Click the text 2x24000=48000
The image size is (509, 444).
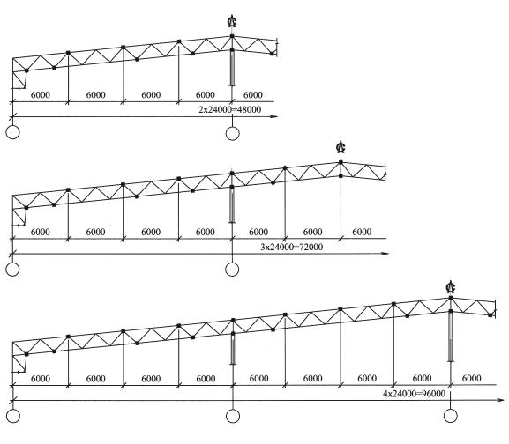coord(230,109)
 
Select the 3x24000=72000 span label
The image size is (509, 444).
coord(292,247)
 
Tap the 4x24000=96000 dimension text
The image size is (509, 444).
coord(415,394)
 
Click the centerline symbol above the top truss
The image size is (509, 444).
coord(232,21)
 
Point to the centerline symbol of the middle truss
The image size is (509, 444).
coord(341,147)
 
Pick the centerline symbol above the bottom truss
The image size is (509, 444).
coord(451,286)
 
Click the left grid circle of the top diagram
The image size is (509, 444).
coord(12,132)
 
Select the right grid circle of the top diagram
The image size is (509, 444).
coord(232,133)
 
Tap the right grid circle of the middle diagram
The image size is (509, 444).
coord(232,269)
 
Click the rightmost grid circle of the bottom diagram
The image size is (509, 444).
coord(450,416)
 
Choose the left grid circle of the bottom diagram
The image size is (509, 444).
coord(13,416)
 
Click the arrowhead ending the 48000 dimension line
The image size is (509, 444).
coord(274,116)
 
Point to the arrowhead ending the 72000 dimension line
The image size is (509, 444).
coord(385,254)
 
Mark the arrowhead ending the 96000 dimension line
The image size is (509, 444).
coord(500,400)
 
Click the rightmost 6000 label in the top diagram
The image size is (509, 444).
coord(253,94)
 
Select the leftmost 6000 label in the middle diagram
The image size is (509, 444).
coord(41,232)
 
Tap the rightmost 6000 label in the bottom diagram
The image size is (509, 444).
coord(471,378)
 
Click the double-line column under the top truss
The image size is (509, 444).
coord(232,68)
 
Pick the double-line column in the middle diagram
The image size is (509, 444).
coord(232,204)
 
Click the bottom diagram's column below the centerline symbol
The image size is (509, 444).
coord(451,336)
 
